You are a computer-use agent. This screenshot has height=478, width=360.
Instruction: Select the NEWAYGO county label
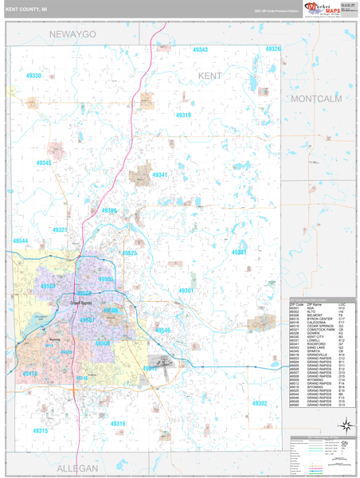72,35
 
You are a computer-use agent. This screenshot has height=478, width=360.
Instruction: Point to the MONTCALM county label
316,98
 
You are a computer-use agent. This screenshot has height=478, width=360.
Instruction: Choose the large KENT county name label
210,75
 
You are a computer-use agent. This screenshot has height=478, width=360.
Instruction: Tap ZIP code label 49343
200,50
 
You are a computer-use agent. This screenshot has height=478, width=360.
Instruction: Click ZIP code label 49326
273,49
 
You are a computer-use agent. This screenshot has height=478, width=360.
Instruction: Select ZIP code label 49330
33,76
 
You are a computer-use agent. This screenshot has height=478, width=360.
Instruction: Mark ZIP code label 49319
184,116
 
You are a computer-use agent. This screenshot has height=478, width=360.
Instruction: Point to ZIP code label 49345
43,163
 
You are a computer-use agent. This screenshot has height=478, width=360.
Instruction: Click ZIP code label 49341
160,174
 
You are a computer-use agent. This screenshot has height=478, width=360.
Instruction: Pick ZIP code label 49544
20,241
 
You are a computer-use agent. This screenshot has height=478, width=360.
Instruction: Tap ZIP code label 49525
129,253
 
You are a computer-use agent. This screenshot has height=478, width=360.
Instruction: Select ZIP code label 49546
162,330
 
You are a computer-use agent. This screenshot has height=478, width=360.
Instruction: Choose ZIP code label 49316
118,424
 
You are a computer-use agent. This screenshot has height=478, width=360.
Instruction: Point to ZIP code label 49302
260,404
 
